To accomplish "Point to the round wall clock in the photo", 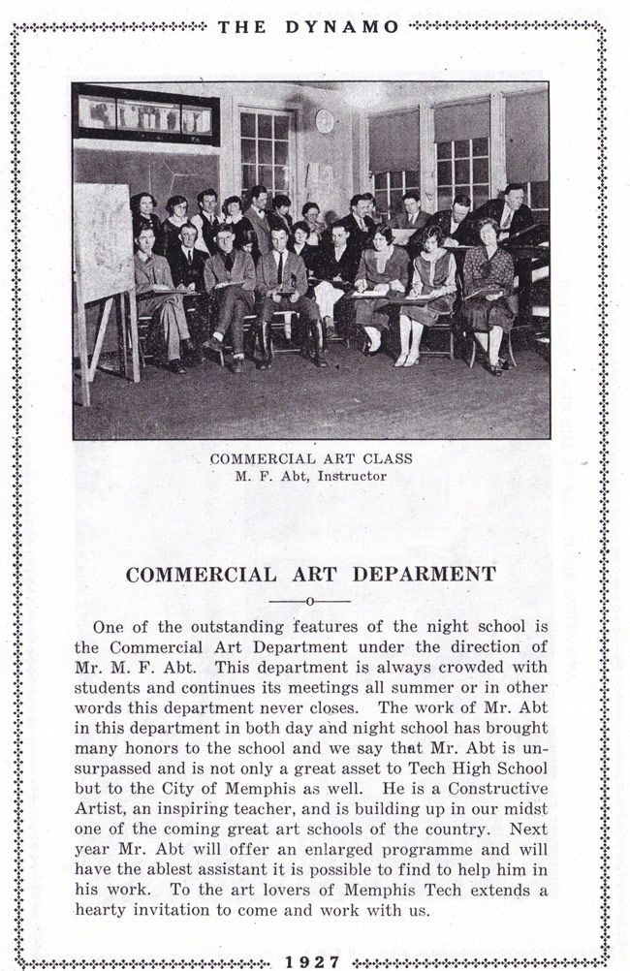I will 324,121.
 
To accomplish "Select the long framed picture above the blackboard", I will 145,117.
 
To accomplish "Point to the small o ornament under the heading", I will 309,603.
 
